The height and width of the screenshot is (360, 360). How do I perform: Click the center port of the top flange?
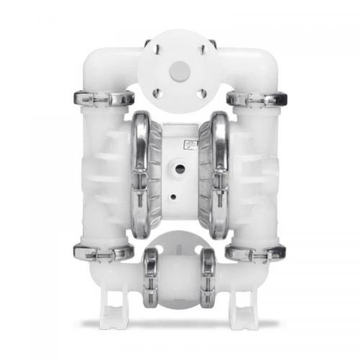coord(179,70)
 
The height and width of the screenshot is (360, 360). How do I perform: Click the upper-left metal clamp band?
coord(102,98)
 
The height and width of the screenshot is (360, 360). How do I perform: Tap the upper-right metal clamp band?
coord(256,98)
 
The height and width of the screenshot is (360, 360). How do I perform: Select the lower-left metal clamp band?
coord(102,252)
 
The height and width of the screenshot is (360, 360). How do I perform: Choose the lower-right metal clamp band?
coord(256,252)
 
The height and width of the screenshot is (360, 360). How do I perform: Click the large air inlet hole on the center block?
coord(180,168)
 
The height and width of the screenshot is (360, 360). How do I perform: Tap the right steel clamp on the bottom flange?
coord(209,277)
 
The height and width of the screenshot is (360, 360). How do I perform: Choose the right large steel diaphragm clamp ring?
coord(218,174)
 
